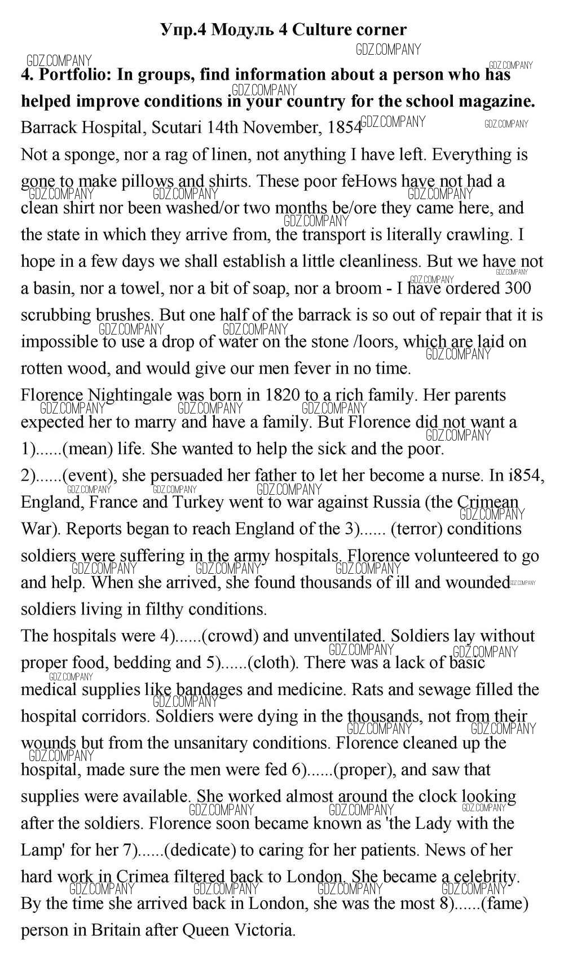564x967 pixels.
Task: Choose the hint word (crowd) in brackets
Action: (230, 636)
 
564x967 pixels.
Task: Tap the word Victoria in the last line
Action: (266, 930)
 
